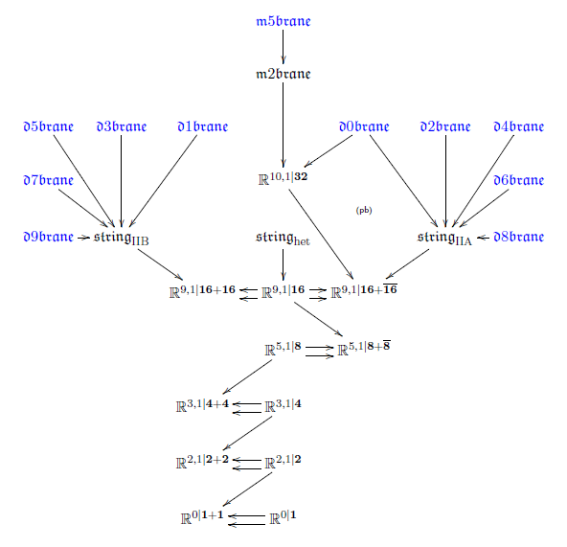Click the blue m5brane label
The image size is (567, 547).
point(283,21)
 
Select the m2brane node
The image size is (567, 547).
point(283,74)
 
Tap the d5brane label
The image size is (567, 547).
point(49,126)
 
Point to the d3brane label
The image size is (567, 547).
point(122,126)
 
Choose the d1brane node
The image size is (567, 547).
point(203,126)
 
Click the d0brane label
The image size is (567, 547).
point(364,126)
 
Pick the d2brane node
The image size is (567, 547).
point(445,126)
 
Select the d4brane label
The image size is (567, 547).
point(518,126)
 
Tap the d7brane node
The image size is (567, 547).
point(49,180)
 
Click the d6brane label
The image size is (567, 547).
point(518,180)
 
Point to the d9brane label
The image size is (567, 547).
point(49,237)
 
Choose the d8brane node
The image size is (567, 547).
point(518,237)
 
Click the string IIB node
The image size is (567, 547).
point(122,238)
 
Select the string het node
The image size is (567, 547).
point(283,238)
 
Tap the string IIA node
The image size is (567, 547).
point(444,238)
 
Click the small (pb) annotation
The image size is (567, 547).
point(364,210)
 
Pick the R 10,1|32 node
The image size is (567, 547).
point(283,179)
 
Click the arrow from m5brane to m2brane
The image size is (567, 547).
point(283,47)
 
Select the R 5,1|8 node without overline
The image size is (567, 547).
point(283,349)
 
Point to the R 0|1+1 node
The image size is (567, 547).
point(202,517)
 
